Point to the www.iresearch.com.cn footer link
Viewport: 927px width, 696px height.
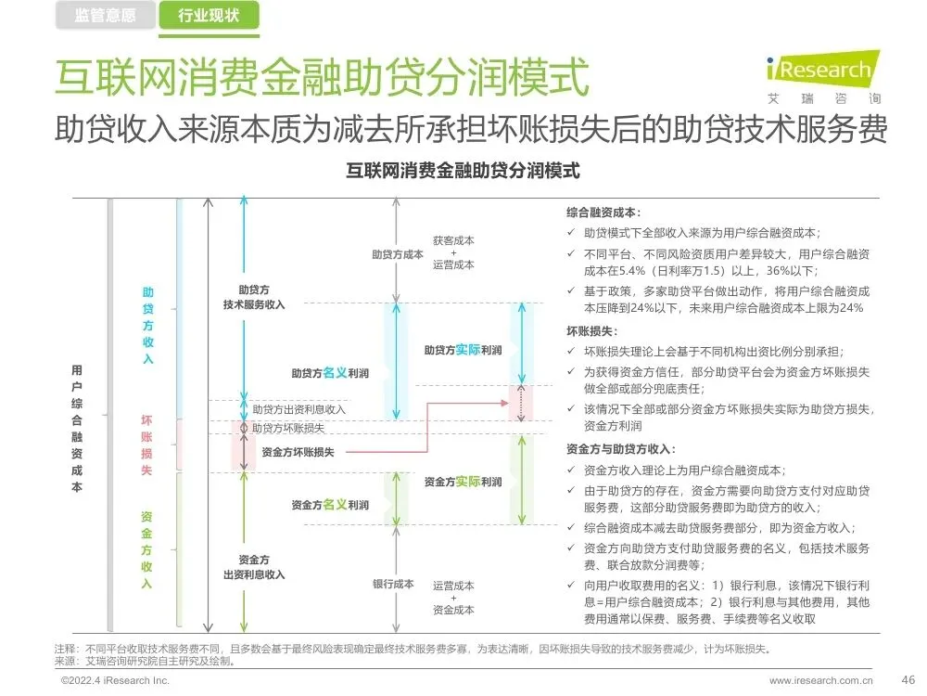[820, 680]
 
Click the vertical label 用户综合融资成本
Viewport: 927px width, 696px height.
[77, 428]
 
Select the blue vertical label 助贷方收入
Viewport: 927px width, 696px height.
[147, 326]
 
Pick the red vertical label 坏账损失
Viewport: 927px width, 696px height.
[146, 445]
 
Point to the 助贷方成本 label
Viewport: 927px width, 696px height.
[398, 253]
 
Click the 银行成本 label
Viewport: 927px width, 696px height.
[393, 584]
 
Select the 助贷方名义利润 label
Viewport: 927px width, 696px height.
[330, 373]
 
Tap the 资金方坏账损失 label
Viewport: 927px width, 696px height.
[298, 452]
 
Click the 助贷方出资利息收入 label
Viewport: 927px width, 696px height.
[298, 408]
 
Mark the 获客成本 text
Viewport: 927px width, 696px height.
[453, 239]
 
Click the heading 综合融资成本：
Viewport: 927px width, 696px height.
[603, 213]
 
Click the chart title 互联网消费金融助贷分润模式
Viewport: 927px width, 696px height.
[463, 171]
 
